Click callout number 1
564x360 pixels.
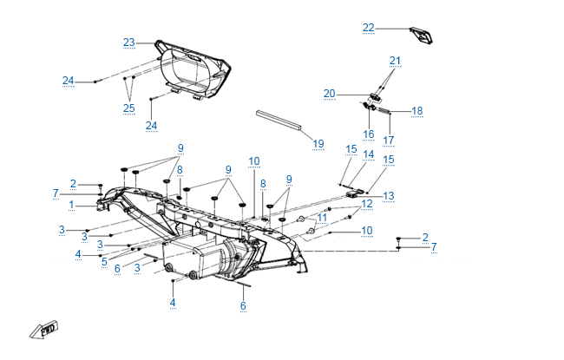point(71,204)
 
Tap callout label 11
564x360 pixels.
point(322,216)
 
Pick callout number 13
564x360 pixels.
point(389,196)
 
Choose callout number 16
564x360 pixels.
point(368,134)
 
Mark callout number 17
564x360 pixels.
point(389,140)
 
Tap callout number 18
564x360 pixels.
point(416,111)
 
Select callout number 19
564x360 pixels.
point(318,143)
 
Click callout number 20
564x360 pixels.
point(329,93)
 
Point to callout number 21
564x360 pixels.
point(396,60)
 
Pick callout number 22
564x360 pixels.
point(369,28)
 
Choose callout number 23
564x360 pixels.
point(129,42)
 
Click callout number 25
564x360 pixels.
point(129,108)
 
